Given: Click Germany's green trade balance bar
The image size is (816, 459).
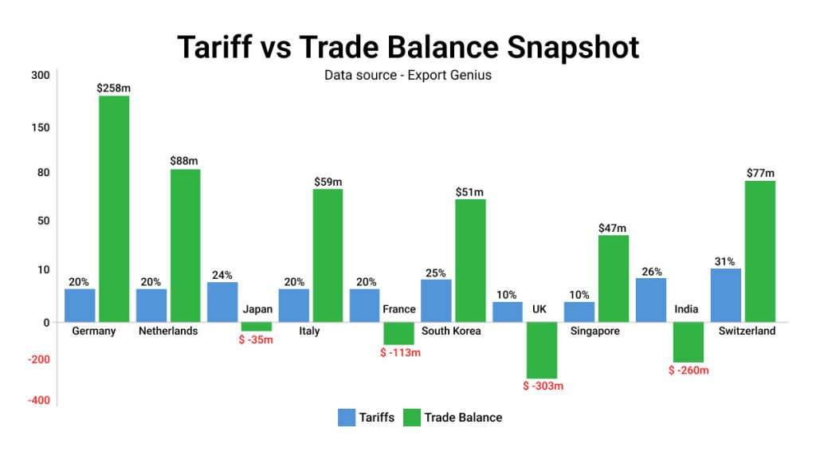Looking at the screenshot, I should tap(114, 209).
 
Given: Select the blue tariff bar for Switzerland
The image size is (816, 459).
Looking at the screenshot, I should tap(725, 295).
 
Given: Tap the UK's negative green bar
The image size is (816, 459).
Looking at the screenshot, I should tap(542, 350).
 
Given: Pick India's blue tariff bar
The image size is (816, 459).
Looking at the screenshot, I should tap(651, 300).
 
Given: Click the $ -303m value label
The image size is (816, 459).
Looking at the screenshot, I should tap(543, 386).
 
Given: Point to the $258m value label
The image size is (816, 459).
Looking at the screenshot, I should tap(114, 88).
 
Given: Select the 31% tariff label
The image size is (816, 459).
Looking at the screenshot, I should tap(725, 261).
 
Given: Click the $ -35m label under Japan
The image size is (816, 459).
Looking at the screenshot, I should tap(257, 340).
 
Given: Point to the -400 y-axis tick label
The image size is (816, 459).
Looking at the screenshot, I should tap(39, 400).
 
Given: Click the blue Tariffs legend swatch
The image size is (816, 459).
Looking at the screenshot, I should tap(347, 417).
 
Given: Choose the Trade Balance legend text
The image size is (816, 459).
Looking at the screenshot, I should tap(463, 417).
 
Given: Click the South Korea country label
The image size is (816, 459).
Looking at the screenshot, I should tap(451, 331).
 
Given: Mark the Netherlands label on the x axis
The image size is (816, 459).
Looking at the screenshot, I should tap(167, 331).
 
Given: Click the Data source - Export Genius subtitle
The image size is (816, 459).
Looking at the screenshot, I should tap(408, 76).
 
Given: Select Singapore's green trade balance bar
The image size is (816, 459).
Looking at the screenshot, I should tap(614, 278).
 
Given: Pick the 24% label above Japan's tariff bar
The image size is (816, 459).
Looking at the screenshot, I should tap(222, 276).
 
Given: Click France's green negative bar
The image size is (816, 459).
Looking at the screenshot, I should tap(398, 333).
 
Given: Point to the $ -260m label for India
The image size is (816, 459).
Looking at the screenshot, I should tap(688, 370).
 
